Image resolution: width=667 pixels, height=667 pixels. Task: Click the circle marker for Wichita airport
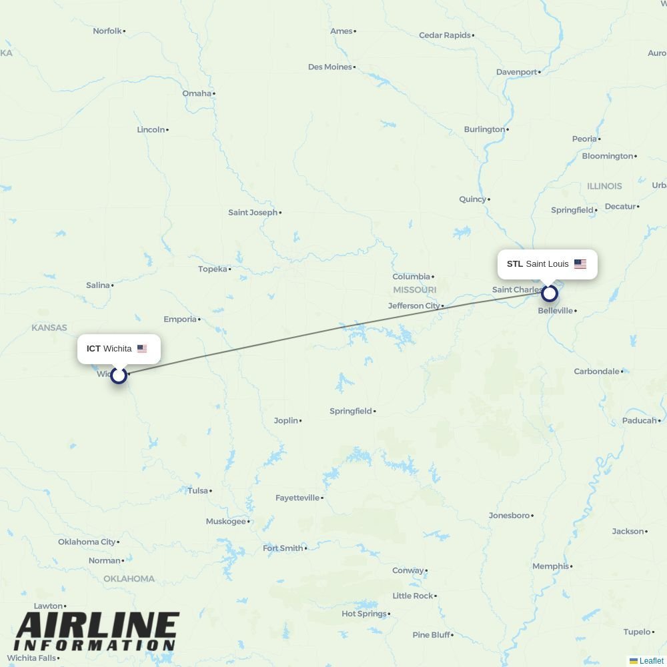point(119,375)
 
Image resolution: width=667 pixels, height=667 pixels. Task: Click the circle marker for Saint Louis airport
point(549,293)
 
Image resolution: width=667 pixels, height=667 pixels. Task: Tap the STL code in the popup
point(514,264)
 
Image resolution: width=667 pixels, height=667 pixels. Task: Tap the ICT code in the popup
point(93,349)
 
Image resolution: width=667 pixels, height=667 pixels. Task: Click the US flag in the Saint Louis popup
point(580,264)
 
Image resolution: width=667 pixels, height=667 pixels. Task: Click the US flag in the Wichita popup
point(142,349)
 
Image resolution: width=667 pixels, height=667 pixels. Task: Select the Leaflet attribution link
point(650,661)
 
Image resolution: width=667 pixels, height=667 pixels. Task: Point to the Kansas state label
point(49,327)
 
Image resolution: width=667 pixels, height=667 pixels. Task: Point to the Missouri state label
point(414,289)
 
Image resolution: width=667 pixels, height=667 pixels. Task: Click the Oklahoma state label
point(129,578)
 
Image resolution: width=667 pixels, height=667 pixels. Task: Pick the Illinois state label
point(604,186)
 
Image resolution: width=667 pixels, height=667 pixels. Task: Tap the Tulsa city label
point(198,491)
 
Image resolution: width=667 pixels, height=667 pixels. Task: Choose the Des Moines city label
point(330,67)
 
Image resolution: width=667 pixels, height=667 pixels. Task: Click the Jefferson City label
point(414,305)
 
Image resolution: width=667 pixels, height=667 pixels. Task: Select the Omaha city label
point(197,93)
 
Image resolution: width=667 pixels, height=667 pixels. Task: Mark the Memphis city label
point(551,566)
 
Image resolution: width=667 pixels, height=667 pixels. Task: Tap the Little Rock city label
point(413,596)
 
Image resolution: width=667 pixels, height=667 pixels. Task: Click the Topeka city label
point(213,269)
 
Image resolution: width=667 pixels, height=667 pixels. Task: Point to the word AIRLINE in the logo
point(97,626)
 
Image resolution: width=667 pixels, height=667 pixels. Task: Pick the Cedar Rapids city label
point(445,35)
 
